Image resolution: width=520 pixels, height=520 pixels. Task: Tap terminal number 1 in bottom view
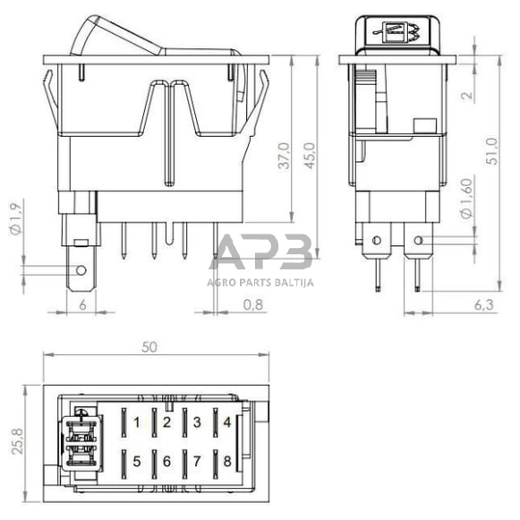pos(136,422)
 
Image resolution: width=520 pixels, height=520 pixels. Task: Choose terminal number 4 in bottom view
pos(226,422)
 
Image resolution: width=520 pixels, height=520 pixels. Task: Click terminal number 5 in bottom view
pos(136,461)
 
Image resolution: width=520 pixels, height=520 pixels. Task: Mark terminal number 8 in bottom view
pos(226,461)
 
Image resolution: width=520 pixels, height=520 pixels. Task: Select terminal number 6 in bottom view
pos(166,461)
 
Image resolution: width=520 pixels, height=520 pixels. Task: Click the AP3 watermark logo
pos(261,251)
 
